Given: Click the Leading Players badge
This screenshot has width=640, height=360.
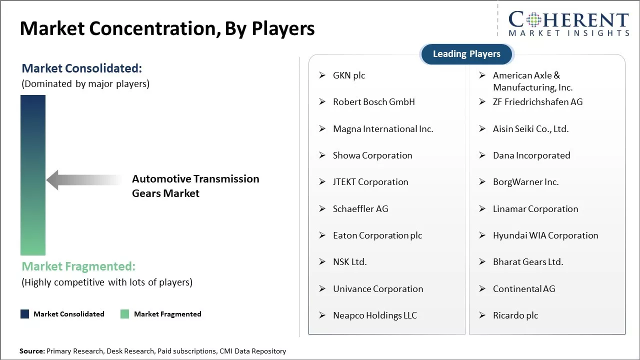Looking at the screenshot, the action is point(467,54).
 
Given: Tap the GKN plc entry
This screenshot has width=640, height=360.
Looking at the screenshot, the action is point(349,75).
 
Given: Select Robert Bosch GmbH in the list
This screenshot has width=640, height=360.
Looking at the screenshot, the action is point(373,102).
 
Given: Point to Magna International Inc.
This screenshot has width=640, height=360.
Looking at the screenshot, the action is point(383,129).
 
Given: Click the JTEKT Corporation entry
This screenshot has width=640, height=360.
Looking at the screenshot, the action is point(370,182).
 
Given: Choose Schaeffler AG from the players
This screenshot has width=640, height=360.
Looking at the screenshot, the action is point(360,209).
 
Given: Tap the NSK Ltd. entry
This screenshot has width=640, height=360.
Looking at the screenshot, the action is point(349,262).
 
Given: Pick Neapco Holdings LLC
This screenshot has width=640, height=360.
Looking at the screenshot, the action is point(375,315).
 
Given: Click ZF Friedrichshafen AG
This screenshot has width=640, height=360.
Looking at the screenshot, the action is point(537,102).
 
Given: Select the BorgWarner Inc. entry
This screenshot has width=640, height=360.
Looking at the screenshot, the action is point(525,182).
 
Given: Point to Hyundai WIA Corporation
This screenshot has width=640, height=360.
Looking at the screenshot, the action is point(545,235).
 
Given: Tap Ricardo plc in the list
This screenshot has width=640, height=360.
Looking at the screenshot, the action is point(515,315).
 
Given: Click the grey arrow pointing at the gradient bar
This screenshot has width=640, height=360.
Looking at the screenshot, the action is point(84,180).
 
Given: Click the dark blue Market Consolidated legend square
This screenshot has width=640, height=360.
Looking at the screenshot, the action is point(25,314).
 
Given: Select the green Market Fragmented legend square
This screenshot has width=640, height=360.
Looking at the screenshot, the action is point(125,314).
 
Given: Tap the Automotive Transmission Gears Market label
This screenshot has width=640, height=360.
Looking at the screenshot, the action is point(195,186).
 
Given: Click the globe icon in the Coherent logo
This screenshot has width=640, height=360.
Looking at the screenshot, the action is point(533,19).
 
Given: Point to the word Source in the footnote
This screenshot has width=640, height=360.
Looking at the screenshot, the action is point(32,351).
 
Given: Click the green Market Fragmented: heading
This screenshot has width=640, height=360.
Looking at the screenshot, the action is point(78,266).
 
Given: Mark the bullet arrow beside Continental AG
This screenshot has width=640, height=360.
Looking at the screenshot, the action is point(482,289).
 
